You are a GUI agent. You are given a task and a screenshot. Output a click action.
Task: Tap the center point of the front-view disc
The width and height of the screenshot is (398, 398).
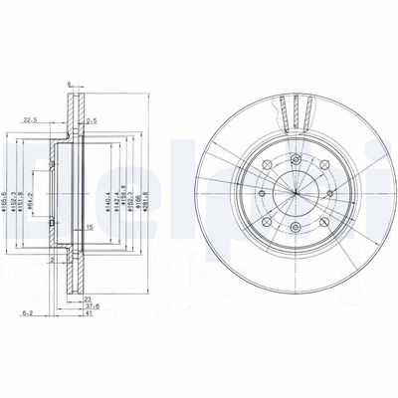(x=293, y=189)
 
